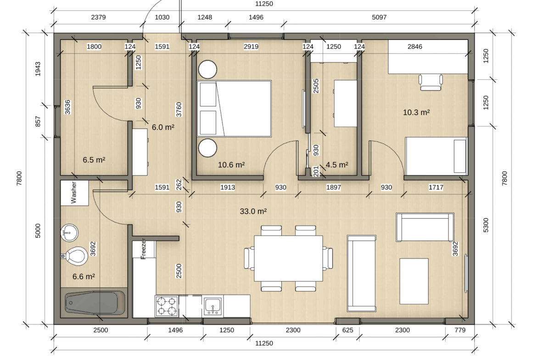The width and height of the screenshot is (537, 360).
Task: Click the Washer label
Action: point(73,192)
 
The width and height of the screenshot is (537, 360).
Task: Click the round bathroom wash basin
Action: point(70,233)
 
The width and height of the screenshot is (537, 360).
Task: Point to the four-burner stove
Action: point(167,306)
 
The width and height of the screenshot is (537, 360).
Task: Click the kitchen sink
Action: point(213,305)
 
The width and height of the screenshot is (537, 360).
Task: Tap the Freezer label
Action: point(144,249)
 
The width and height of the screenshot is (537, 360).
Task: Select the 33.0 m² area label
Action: point(253,211)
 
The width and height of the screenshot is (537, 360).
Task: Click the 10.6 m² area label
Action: point(231,165)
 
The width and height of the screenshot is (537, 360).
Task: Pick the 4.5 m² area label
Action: point(336,165)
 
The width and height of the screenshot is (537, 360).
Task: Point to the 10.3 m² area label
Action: point(416,112)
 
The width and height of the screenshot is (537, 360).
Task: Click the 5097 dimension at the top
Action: point(379,17)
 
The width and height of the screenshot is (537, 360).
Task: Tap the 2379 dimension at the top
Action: point(98,17)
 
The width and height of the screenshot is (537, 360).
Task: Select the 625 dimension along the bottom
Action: point(347,330)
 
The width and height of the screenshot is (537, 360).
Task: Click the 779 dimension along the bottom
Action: point(460,330)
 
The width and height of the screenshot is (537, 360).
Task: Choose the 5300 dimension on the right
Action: point(486,225)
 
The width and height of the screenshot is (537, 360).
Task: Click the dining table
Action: point(288,258)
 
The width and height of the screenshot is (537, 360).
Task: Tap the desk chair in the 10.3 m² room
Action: point(431,83)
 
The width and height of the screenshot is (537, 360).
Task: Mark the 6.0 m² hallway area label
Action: point(163,127)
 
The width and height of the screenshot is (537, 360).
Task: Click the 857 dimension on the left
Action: point(38,121)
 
